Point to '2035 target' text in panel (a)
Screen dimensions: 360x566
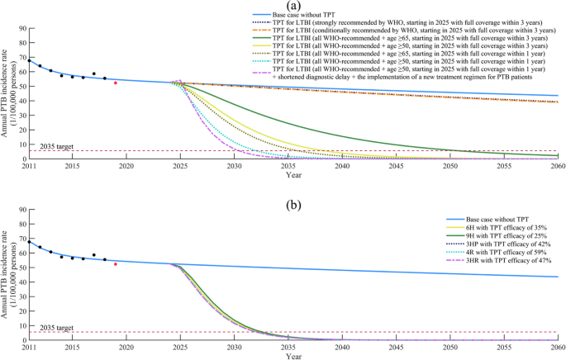coord(56,146)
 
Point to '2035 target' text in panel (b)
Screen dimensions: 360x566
coord(56,328)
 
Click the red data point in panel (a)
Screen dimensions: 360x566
coord(116,83)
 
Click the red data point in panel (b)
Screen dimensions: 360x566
coord(116,264)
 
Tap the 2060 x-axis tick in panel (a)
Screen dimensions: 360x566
coord(558,166)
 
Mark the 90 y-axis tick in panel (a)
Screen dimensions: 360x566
coord(22,29)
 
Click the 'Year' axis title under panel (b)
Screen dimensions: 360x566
coord(293,357)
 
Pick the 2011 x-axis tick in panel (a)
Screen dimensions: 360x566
coord(30,166)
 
